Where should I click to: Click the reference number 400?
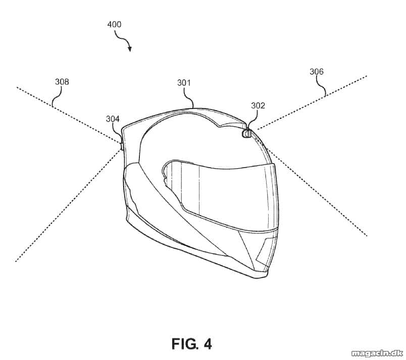point(114,24)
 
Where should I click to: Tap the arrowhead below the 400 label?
point(130,48)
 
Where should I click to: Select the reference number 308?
point(62,82)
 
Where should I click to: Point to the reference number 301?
point(184,83)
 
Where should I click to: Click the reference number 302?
point(258,106)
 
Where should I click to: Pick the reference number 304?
point(113,119)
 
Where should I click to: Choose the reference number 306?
point(317,71)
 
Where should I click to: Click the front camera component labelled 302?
point(246,134)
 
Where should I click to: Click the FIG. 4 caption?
point(191,344)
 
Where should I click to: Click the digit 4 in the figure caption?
point(208,344)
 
